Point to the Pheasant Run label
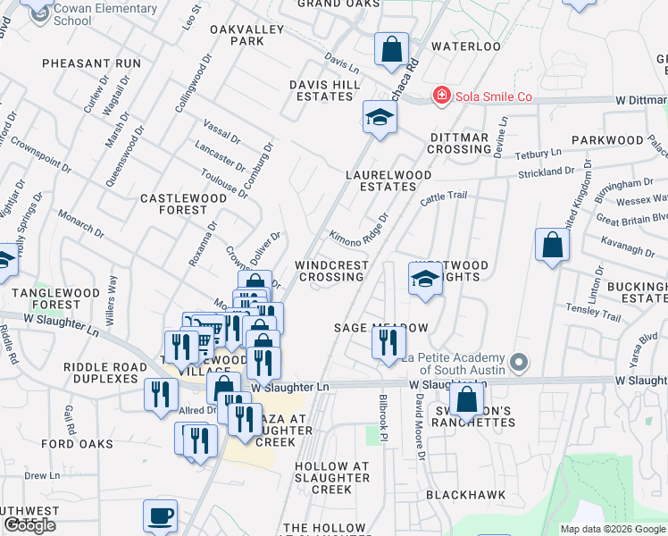click(92, 63)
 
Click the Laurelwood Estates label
click(381, 180)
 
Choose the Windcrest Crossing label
click(331, 271)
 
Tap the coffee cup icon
click(161, 515)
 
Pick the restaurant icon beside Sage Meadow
click(388, 342)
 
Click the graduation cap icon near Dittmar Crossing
click(380, 117)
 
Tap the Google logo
click(29, 525)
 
